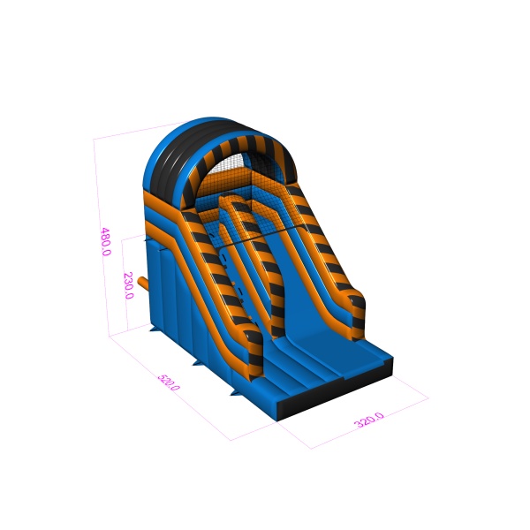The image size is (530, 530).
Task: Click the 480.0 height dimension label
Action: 106,242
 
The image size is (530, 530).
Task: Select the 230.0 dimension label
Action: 129,285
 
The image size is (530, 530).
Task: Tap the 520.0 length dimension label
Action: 169,382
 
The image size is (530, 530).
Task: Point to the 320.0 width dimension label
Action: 368,420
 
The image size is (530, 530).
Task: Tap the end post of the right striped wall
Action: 358,318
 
